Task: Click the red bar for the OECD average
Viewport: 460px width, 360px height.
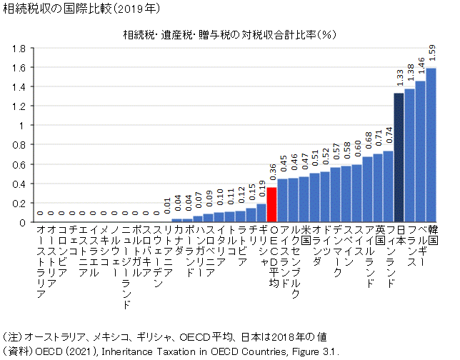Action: tap(272, 204)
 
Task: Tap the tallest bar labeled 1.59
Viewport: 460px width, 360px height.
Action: tap(431, 145)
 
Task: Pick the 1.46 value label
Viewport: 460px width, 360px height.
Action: tap(420, 67)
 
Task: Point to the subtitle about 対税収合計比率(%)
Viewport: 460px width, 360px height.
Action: tap(229, 34)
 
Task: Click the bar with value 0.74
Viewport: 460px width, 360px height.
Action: tap(388, 186)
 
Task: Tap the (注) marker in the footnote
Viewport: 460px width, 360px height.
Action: tap(13, 336)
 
